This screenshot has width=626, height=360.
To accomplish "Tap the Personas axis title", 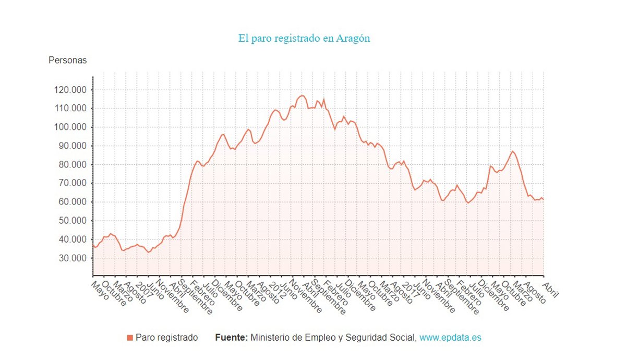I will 68,60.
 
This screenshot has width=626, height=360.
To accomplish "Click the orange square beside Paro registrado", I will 130,338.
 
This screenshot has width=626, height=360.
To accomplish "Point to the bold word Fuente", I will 231,338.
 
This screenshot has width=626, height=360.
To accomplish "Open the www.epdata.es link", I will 450,338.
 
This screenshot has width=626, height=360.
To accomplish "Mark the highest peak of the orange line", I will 303,95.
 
